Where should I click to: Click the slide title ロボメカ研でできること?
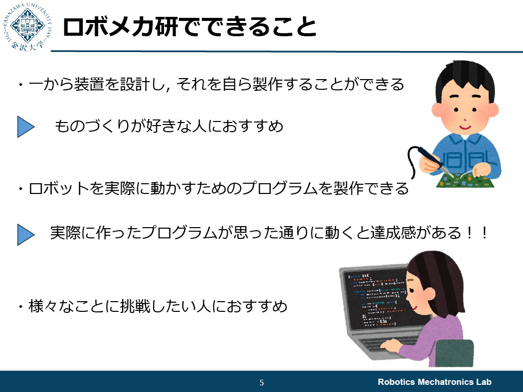point(189,27)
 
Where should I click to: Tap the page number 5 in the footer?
point(261,382)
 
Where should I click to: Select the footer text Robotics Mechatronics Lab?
point(434,382)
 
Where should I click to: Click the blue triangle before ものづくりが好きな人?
point(26,127)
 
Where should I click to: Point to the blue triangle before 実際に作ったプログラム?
point(26,235)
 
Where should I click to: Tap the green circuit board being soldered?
point(465,181)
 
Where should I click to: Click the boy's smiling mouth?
point(465,127)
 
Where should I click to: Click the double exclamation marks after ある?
point(477,232)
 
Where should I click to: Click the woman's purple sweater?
point(434,337)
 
